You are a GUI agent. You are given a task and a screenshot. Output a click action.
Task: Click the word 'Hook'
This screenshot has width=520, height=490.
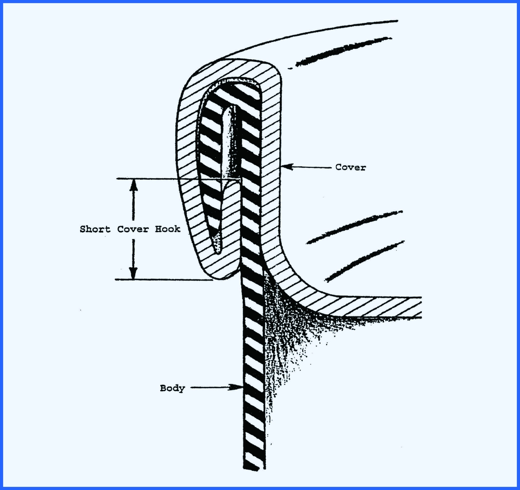(167, 229)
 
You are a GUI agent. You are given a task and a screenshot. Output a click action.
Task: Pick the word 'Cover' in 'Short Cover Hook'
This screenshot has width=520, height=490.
(131, 229)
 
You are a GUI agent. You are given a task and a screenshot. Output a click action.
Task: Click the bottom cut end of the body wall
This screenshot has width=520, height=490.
(253, 467)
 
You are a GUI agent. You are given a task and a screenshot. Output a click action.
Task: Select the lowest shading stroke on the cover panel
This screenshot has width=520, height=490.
(364, 260)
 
